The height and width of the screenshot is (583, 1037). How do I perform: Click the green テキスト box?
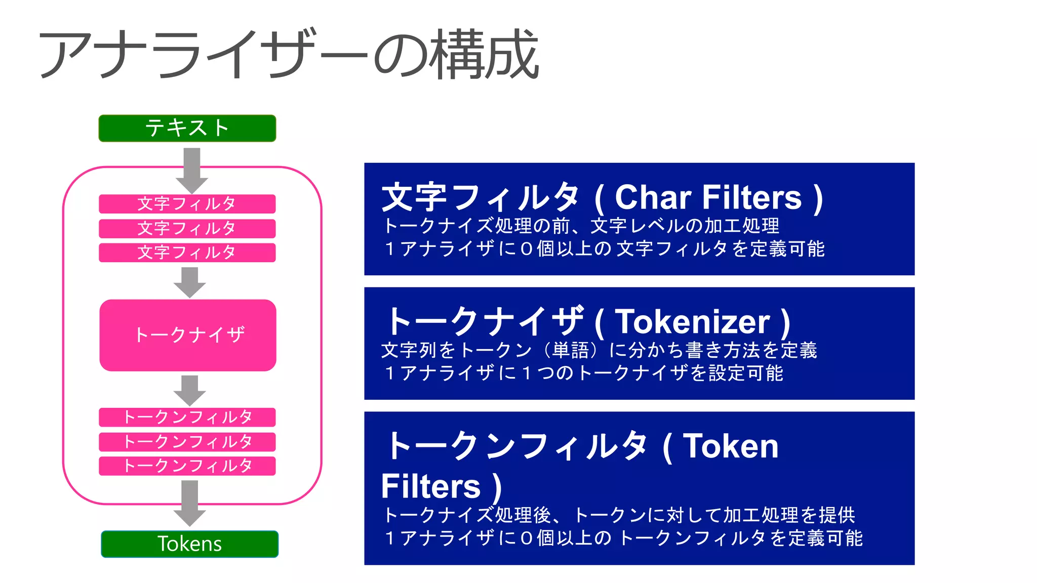187,128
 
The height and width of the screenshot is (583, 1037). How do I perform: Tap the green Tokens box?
189,544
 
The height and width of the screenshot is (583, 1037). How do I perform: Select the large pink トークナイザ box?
188,335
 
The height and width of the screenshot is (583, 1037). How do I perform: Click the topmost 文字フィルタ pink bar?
187,203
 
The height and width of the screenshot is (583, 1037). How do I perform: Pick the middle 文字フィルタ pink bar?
187,228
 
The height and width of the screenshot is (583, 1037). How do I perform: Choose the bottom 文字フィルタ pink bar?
187,253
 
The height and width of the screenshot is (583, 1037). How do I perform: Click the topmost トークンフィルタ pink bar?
187,417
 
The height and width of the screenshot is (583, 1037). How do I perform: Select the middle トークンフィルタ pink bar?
187,441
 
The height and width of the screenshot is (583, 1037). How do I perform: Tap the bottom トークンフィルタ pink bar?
187,466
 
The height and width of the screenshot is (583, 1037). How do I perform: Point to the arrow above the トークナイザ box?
189,282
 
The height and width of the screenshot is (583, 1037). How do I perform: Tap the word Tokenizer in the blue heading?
692,322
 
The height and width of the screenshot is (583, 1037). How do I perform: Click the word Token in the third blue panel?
731,446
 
